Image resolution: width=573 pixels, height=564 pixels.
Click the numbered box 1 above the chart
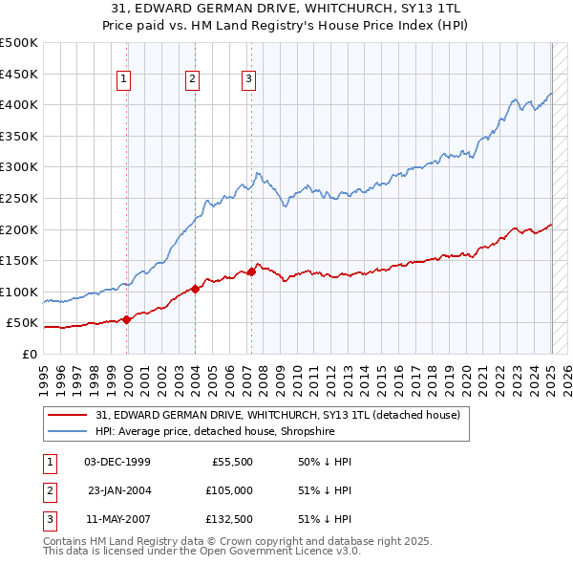(x=125, y=79)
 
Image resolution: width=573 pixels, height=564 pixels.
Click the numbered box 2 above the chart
(x=192, y=79)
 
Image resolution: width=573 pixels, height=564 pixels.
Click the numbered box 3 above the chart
(x=248, y=79)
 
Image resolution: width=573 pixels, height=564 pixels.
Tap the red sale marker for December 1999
(x=126, y=319)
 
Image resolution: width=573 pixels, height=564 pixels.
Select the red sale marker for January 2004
(x=195, y=288)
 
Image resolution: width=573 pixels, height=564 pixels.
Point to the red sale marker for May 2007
(x=251, y=271)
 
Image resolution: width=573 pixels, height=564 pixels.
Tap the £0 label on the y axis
(x=30, y=354)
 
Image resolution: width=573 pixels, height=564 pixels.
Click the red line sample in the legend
(x=67, y=415)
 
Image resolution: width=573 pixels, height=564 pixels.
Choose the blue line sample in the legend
(x=67, y=431)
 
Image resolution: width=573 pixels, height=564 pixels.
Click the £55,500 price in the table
(x=231, y=462)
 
